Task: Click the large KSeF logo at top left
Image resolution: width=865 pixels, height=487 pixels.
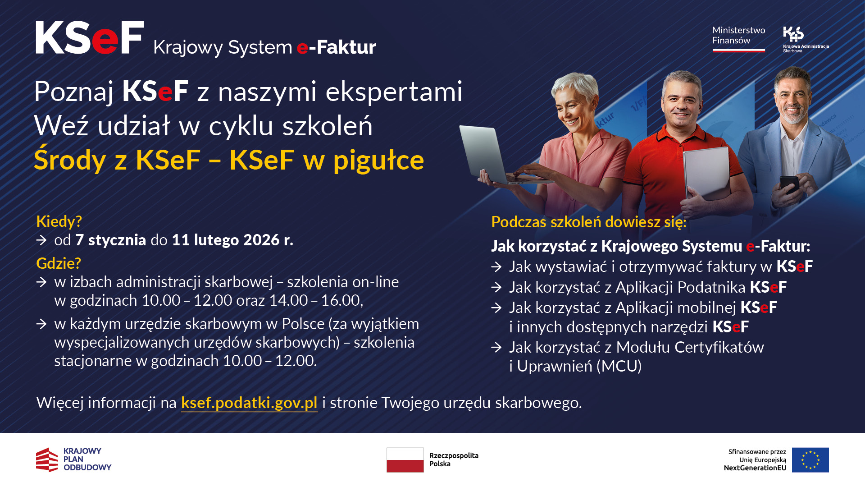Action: pos(90,38)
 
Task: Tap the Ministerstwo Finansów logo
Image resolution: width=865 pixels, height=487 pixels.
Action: pos(738,38)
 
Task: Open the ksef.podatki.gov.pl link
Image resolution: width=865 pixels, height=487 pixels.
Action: pos(249,403)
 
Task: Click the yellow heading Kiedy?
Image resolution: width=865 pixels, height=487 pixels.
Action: pos(59,221)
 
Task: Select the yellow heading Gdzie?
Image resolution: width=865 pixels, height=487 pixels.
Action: pos(59,263)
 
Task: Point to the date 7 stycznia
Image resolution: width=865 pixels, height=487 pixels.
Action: pos(111,240)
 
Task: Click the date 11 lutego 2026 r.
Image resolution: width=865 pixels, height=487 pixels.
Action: pos(232,240)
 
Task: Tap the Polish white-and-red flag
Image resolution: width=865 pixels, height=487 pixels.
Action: pos(405,459)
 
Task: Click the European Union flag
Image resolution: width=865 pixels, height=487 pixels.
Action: pos(810,459)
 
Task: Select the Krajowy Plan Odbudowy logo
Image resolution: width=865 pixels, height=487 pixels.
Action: pos(73,459)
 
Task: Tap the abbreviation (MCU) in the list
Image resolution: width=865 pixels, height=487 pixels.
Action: pos(619,367)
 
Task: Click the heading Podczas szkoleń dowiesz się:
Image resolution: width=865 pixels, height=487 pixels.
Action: pos(588,222)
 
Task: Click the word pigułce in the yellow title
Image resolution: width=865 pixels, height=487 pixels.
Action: pos(378,161)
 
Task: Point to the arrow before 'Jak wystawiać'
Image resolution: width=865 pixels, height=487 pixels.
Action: pos(496,267)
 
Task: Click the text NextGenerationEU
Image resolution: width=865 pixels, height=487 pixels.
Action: pos(755,468)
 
